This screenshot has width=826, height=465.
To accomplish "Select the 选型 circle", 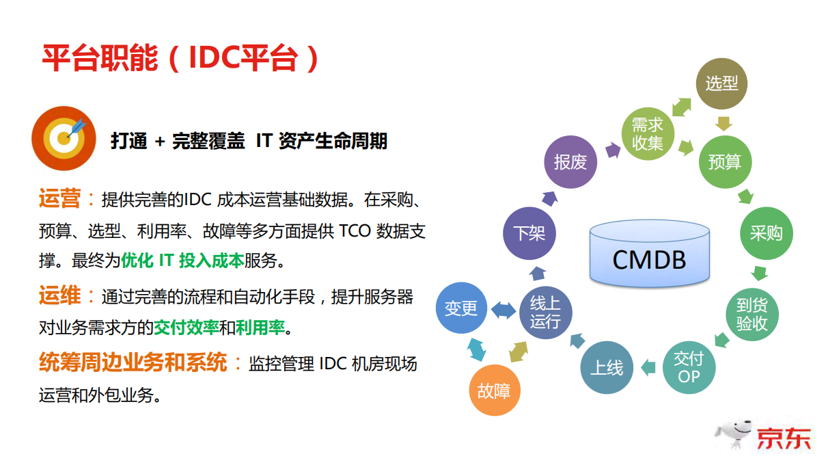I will coord(721,83).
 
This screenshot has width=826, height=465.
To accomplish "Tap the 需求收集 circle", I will coord(647,134).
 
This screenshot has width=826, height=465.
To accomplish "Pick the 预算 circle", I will coord(724,162).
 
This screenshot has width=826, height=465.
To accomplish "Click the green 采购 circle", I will coord(766,233).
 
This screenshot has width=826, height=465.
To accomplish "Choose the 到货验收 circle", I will coord(751,315).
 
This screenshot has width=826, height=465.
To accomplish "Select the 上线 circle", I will coord(606,367).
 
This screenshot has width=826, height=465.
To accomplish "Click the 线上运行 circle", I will coord(545,313).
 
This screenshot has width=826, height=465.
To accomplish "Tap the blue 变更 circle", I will coord(461,308).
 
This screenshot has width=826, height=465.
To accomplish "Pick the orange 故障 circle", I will coord(495,390).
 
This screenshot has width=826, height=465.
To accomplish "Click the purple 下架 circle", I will coord(528,233).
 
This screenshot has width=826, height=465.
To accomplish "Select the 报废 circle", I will coord(570,162).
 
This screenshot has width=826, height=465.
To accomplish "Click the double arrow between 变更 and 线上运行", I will coord(504,310).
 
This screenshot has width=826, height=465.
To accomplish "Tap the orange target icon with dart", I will coord(64,138).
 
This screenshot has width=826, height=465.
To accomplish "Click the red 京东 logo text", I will coord(784,438).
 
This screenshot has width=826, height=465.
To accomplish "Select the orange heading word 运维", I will coord(59,297).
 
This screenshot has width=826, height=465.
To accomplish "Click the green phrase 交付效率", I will coord(186,328).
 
